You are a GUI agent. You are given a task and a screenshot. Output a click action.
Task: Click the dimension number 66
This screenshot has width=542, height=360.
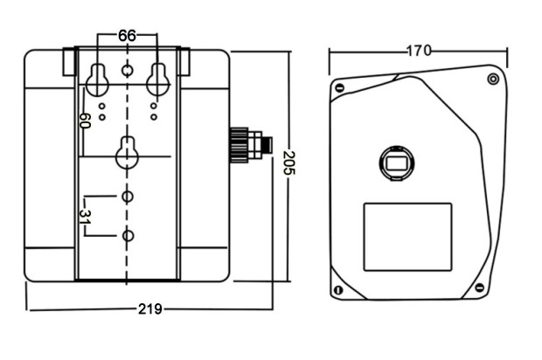click(127, 36)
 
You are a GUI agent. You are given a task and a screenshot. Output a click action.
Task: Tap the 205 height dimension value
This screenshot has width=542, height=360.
click(289, 163)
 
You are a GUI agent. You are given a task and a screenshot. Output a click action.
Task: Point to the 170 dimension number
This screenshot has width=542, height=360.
click(418, 51)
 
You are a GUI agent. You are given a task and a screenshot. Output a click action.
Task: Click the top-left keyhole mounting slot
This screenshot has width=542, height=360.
click(97, 79)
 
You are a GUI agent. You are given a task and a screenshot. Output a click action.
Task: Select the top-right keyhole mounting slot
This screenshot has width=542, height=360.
click(157, 79)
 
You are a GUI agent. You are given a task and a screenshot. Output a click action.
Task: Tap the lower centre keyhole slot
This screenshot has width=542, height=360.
click(128, 152)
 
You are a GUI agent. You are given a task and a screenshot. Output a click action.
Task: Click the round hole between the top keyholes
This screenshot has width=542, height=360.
click(128, 69)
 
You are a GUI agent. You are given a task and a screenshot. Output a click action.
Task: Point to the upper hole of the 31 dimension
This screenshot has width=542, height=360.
click(128, 197)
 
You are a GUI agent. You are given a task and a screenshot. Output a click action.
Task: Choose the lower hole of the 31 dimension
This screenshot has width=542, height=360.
click(128, 236)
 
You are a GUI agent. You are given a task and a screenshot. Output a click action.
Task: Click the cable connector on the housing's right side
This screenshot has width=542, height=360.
click(249, 145)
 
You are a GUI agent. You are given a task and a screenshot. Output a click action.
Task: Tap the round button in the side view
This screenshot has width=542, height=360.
click(396, 163)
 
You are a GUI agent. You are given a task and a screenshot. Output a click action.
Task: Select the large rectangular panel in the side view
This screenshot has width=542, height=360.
click(407, 236)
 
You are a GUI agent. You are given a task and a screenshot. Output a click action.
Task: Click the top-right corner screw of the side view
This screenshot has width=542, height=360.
click(493, 80)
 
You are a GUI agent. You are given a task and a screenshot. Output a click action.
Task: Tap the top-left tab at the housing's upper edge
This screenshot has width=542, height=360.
click(68, 60)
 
